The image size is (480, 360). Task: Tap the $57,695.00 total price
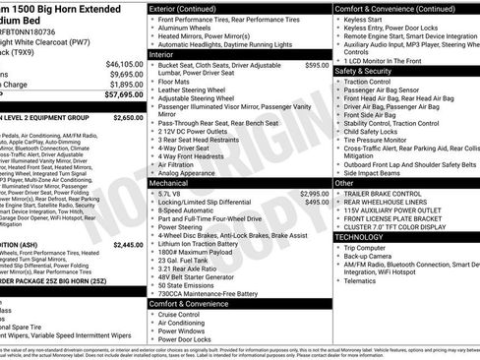(123, 95)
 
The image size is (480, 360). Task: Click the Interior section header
(162, 56)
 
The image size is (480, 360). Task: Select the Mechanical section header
(170, 183)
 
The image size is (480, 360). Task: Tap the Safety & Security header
(362, 71)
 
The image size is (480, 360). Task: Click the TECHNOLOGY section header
(360, 237)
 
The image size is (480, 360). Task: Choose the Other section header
(344, 183)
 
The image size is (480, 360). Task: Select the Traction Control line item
(370, 81)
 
